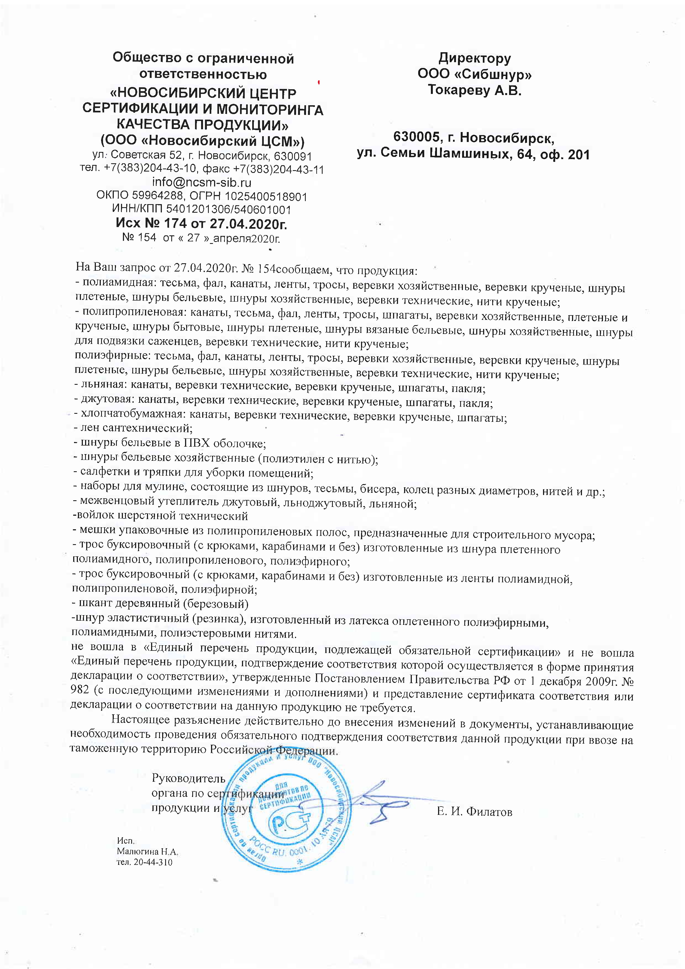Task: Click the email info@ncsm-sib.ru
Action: [201, 182]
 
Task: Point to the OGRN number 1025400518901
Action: [266, 197]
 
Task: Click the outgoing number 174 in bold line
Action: [175, 223]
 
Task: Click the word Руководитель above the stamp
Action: [188, 778]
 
